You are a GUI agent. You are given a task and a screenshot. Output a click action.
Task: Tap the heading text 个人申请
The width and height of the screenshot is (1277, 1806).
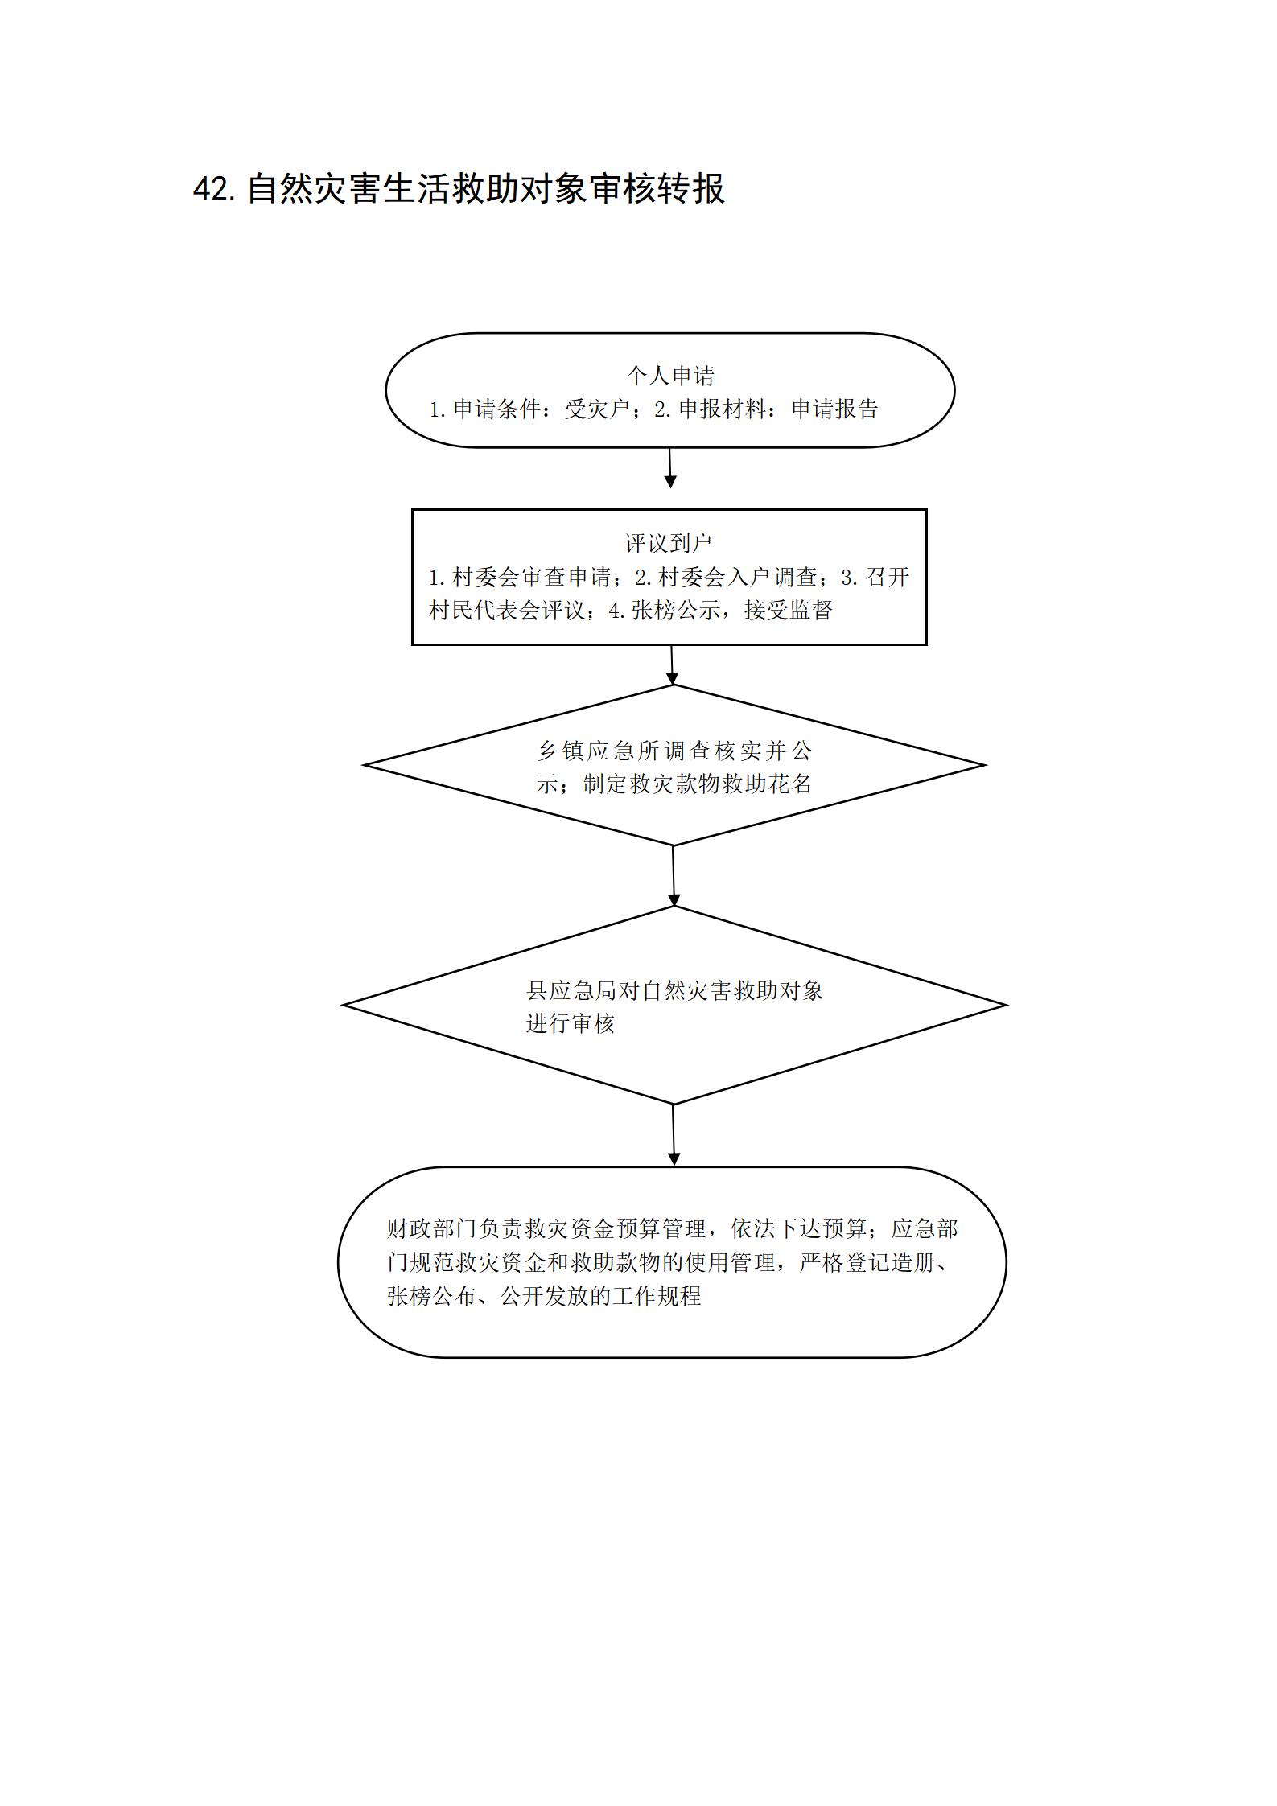670,376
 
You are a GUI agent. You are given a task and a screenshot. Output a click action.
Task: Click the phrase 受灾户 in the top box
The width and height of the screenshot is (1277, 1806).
597,409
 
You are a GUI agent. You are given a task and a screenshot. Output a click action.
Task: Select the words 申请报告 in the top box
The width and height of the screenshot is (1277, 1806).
835,409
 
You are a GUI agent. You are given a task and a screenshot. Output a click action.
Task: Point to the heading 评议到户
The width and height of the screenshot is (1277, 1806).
669,544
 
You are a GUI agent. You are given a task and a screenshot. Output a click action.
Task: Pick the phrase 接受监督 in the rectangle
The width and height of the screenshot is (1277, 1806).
789,611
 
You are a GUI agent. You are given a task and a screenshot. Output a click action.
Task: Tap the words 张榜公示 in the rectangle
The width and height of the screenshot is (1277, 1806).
676,611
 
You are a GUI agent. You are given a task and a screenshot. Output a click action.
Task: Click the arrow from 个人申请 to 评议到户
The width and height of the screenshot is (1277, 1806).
670,468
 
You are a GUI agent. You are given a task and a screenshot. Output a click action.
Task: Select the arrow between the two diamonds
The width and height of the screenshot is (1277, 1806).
674,876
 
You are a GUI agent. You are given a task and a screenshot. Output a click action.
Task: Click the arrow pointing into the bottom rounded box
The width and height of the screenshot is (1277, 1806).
674,1134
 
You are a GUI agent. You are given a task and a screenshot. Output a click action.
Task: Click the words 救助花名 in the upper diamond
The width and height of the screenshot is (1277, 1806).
768,784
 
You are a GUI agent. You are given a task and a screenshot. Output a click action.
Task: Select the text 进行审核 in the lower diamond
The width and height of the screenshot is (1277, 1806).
571,1024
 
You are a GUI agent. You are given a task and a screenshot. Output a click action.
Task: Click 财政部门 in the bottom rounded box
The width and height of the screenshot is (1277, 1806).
432,1229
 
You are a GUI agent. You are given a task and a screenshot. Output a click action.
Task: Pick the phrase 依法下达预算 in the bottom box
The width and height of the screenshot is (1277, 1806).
798,1229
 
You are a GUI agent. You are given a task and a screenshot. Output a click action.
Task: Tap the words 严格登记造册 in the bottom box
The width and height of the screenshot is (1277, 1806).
867,1263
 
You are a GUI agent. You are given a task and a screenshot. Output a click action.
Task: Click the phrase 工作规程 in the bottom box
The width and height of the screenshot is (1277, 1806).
657,1297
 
